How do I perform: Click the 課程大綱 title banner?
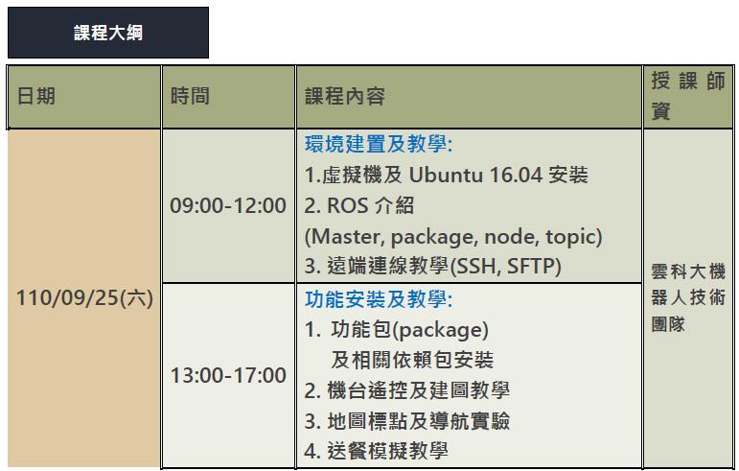(108, 33)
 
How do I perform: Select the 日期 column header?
(36, 96)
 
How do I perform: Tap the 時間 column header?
(190, 96)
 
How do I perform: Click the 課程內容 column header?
(345, 96)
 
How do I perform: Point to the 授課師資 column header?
(688, 96)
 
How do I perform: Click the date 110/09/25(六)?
(85, 298)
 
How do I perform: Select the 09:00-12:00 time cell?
(228, 205)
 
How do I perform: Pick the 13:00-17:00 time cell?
(228, 376)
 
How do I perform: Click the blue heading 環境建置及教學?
(379, 144)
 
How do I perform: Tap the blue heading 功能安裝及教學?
(379, 299)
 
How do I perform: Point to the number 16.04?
(516, 176)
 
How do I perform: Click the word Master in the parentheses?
(348, 237)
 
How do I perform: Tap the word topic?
(570, 238)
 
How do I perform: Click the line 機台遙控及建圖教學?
(419, 390)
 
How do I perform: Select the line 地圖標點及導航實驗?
(419, 421)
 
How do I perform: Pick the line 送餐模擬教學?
(387, 451)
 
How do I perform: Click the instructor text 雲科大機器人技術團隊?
(688, 298)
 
